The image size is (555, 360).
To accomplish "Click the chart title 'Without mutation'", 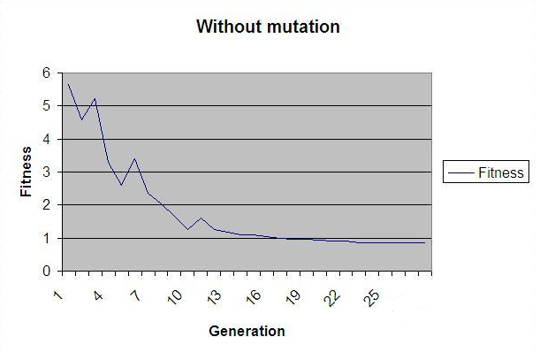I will (x=268, y=27).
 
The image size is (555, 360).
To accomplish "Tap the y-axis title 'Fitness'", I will (x=27, y=172).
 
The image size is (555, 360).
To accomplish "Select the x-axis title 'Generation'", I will (x=247, y=332).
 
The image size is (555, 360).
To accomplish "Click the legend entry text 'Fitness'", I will (x=501, y=173).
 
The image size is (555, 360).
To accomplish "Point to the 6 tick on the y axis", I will (x=46, y=73).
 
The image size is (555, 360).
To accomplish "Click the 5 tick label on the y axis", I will (x=46, y=106).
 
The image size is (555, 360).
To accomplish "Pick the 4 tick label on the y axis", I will (x=46, y=139).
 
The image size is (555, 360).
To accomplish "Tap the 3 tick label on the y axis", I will (x=46, y=172).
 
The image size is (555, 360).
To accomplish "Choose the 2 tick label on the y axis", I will (x=46, y=205).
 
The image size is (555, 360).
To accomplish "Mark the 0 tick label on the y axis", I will (x=46, y=272).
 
